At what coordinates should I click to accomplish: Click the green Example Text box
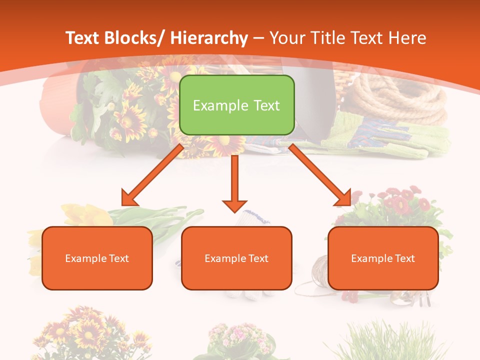coord(236,105)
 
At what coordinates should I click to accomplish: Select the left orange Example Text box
coord(97,258)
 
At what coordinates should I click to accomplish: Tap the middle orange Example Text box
coord(236,258)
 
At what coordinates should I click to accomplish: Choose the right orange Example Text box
coord(383,258)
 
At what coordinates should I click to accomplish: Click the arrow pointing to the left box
coord(153,175)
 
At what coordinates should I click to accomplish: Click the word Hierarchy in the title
coord(209,38)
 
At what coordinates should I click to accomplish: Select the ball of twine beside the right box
coord(320,275)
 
